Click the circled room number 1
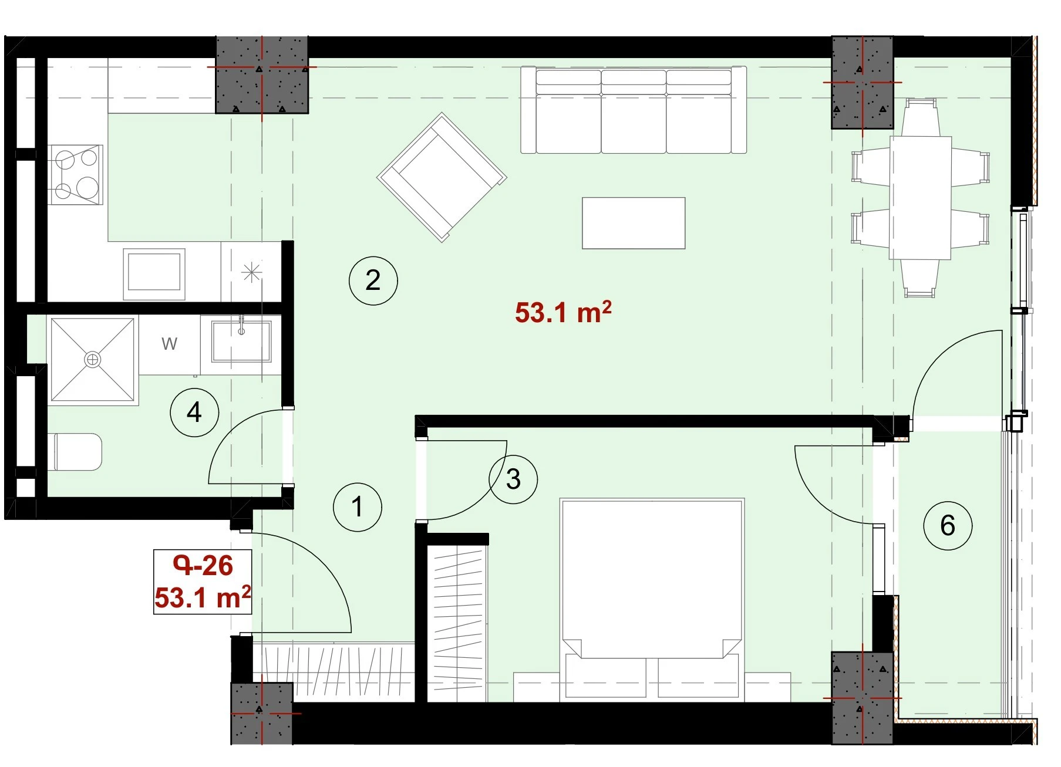[357, 507]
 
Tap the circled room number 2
[373, 281]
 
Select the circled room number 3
[513, 479]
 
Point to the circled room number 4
[194, 413]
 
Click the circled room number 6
[948, 525]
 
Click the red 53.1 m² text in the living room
[563, 312]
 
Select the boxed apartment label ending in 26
[203, 582]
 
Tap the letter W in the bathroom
[169, 343]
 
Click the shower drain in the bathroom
[92, 359]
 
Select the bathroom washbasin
[241, 341]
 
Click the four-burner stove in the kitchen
[76, 174]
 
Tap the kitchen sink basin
[154, 271]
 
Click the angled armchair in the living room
[442, 177]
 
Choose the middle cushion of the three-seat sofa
[634, 111]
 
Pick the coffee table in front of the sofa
[634, 223]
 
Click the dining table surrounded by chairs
[920, 198]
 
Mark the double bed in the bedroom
[652, 600]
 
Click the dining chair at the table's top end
[920, 118]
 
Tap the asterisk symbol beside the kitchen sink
[251, 272]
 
